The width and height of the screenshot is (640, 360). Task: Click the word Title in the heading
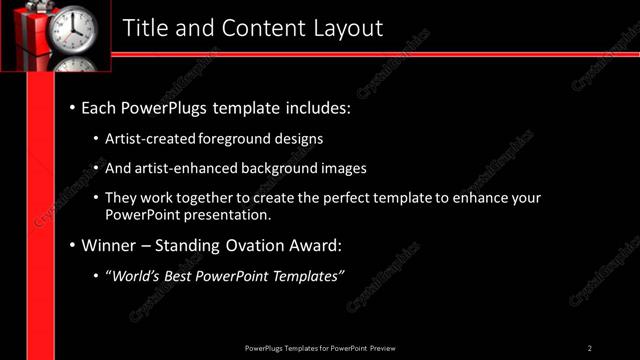(144, 28)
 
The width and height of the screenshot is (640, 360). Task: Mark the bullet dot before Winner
(72, 245)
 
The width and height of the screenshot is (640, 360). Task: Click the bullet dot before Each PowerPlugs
(72, 105)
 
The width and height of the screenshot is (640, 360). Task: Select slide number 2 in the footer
(590, 348)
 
